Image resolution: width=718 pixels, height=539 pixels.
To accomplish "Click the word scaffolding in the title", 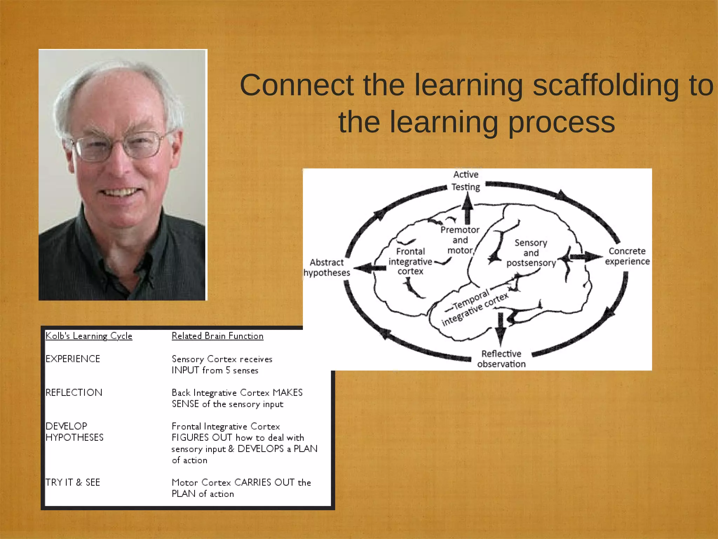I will coord(606,85).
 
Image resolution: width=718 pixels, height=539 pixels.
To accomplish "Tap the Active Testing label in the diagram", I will coord(466,181).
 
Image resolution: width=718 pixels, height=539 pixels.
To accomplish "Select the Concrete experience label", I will coord(627,256).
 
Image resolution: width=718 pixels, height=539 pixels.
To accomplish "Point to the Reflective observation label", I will coord(501,359).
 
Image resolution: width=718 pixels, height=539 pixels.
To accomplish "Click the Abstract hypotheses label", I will coord(327,267).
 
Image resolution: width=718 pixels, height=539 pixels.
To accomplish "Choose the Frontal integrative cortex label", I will coord(410,261).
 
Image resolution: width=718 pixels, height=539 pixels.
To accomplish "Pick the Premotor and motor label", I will coord(460,240).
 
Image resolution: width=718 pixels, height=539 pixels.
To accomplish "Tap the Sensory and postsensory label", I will coord(531,253).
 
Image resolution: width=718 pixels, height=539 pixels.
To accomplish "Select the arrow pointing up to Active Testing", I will coord(467,209).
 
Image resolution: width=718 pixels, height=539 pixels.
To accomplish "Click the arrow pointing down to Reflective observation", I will coord(501,328).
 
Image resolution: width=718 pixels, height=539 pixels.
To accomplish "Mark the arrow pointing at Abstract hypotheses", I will coord(370,268).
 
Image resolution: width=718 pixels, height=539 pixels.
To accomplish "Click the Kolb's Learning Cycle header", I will coord(89,336).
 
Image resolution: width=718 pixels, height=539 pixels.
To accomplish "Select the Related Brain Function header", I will coord(217,336).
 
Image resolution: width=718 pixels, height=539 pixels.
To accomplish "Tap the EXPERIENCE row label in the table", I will coord(73,359).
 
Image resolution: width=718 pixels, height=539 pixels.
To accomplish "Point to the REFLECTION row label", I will coord(74,392).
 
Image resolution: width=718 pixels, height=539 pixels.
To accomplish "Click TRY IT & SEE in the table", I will coord(73,482).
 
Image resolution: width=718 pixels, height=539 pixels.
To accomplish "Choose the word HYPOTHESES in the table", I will coord(75,437).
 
